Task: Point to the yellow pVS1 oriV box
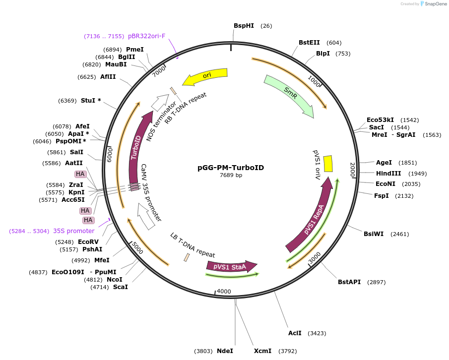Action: pos(328,164)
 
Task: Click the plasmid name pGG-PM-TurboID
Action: pos(231,168)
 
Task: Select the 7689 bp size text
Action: pos(231,175)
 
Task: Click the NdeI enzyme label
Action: pos(225,351)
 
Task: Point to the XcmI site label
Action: pos(262,351)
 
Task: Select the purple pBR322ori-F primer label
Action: pos(147,36)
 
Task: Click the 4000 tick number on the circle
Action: pos(224,292)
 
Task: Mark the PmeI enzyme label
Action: pos(135,50)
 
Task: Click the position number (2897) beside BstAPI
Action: pos(376,282)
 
